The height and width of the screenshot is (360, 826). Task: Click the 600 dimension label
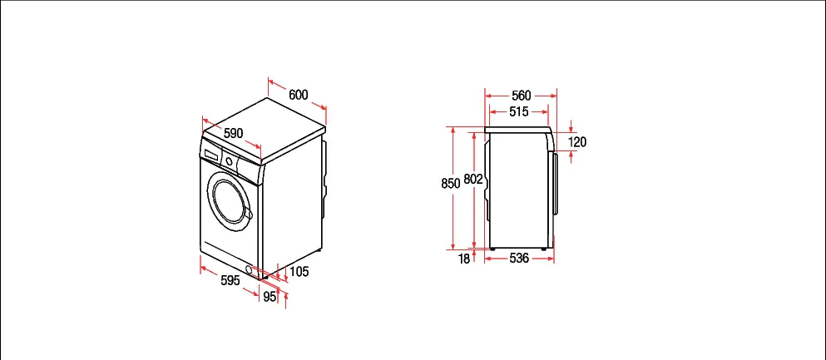(x=298, y=95)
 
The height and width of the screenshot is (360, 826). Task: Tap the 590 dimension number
(x=234, y=134)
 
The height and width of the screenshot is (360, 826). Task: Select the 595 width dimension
(x=230, y=280)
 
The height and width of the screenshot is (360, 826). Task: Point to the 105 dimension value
(x=299, y=272)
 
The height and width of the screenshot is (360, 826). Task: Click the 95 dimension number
(x=270, y=297)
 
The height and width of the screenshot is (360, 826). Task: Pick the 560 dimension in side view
(x=522, y=96)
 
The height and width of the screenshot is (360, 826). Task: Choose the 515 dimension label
(x=519, y=111)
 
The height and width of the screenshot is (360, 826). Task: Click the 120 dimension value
(x=577, y=141)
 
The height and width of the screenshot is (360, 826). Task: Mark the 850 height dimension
(x=451, y=183)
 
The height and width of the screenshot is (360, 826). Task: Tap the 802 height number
(x=473, y=180)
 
